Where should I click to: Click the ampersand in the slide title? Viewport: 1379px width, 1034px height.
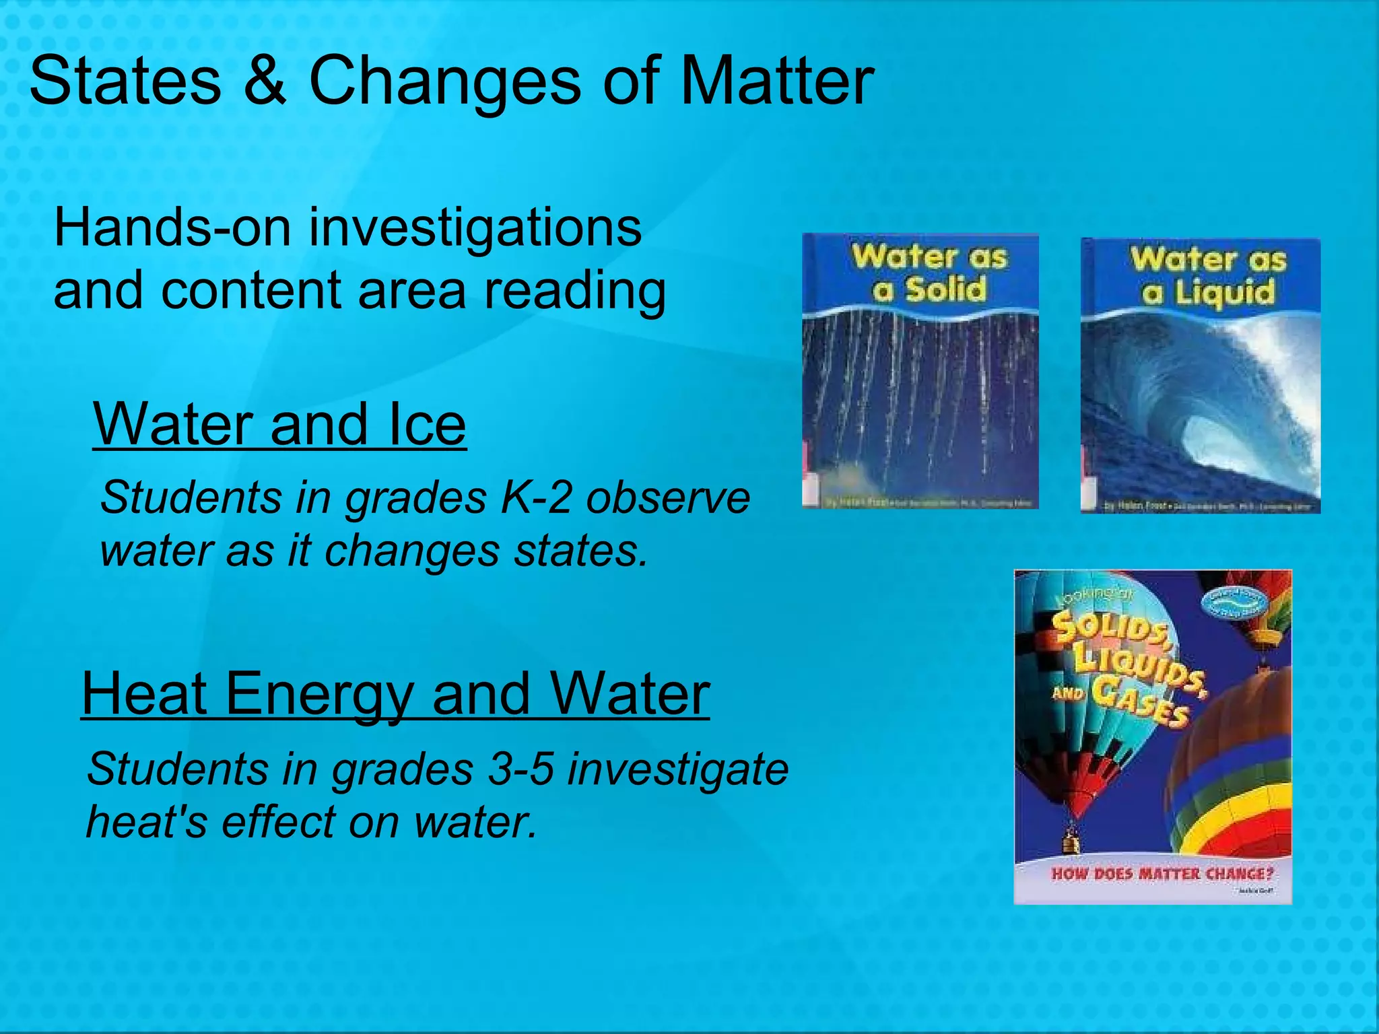click(x=265, y=81)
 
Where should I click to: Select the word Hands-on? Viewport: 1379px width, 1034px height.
click(x=172, y=228)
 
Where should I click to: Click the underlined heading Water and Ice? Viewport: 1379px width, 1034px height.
click(x=279, y=424)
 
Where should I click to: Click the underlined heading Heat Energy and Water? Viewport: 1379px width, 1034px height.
click(x=395, y=694)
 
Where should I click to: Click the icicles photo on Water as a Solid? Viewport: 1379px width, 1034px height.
click(x=920, y=404)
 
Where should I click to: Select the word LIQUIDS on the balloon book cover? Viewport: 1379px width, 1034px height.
click(x=1138, y=663)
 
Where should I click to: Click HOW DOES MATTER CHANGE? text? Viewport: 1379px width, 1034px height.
click(x=1162, y=874)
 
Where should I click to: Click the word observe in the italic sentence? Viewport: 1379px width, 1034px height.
click(x=667, y=498)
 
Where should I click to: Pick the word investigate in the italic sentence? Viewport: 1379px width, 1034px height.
click(x=677, y=769)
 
